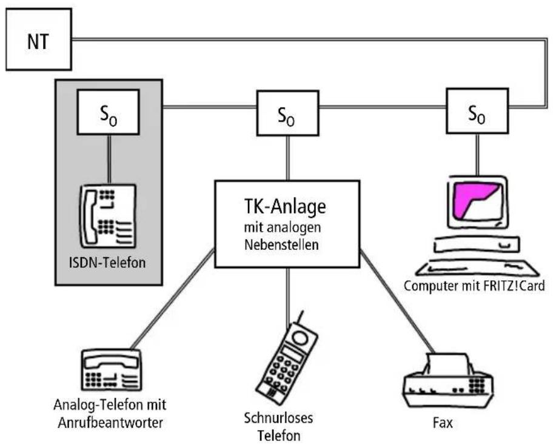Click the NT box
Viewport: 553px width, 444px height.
39,39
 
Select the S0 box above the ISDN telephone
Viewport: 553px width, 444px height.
109,112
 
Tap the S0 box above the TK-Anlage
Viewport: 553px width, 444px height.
288,113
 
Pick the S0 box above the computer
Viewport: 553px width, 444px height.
477,111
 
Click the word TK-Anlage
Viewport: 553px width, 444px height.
285,207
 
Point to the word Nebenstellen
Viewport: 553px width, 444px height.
281,244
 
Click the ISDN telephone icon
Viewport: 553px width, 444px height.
107,216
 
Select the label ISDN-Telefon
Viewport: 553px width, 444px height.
107,263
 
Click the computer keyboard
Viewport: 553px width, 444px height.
477,268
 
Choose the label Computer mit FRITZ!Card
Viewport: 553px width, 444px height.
474,286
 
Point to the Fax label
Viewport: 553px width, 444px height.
443,423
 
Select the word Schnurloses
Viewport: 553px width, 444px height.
278,418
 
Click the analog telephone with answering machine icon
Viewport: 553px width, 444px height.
112,369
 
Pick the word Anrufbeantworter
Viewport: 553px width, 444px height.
110,423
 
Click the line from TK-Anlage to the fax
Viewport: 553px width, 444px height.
397,301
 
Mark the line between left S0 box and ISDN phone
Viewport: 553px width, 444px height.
109,160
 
